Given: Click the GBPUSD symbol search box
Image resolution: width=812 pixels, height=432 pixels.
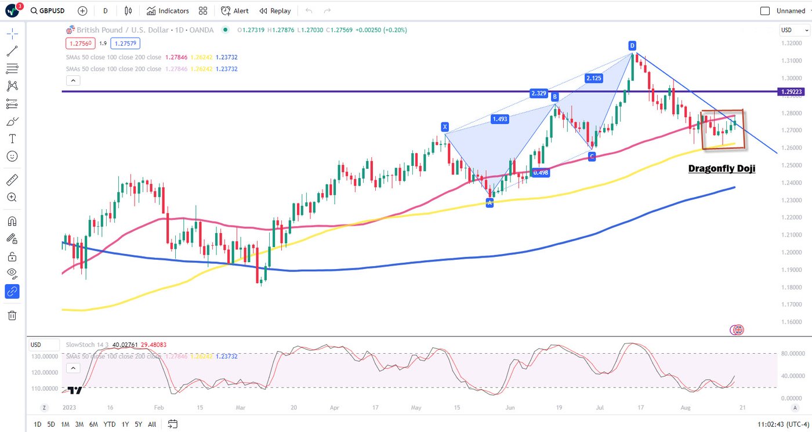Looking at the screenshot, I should pos(48,11).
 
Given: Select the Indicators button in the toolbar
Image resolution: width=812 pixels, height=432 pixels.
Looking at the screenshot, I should pos(168,11).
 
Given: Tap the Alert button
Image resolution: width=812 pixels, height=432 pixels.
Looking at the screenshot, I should pos(235,11).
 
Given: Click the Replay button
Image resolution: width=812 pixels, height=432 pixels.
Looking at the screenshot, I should pos(275,11).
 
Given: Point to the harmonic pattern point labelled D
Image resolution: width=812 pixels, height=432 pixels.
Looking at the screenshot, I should pos(633,45).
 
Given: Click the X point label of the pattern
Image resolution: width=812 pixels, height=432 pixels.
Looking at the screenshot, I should pos(445,126).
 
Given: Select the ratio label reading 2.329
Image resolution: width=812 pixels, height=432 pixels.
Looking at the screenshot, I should pos(538,93).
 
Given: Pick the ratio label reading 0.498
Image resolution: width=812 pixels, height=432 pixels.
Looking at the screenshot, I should pos(541,172).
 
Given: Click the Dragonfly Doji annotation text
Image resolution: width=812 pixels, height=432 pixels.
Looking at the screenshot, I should pos(722,169).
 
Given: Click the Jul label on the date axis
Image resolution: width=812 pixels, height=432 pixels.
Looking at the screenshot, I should pos(600,408).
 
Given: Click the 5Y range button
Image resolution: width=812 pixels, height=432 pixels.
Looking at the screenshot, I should pos(139,424).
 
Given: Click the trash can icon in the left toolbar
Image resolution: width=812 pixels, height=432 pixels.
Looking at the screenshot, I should pos(12,315).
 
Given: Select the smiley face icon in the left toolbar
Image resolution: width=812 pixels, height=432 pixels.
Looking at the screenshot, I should pos(12,157).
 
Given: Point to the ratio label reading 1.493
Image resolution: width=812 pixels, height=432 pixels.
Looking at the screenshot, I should pos(500,119).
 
